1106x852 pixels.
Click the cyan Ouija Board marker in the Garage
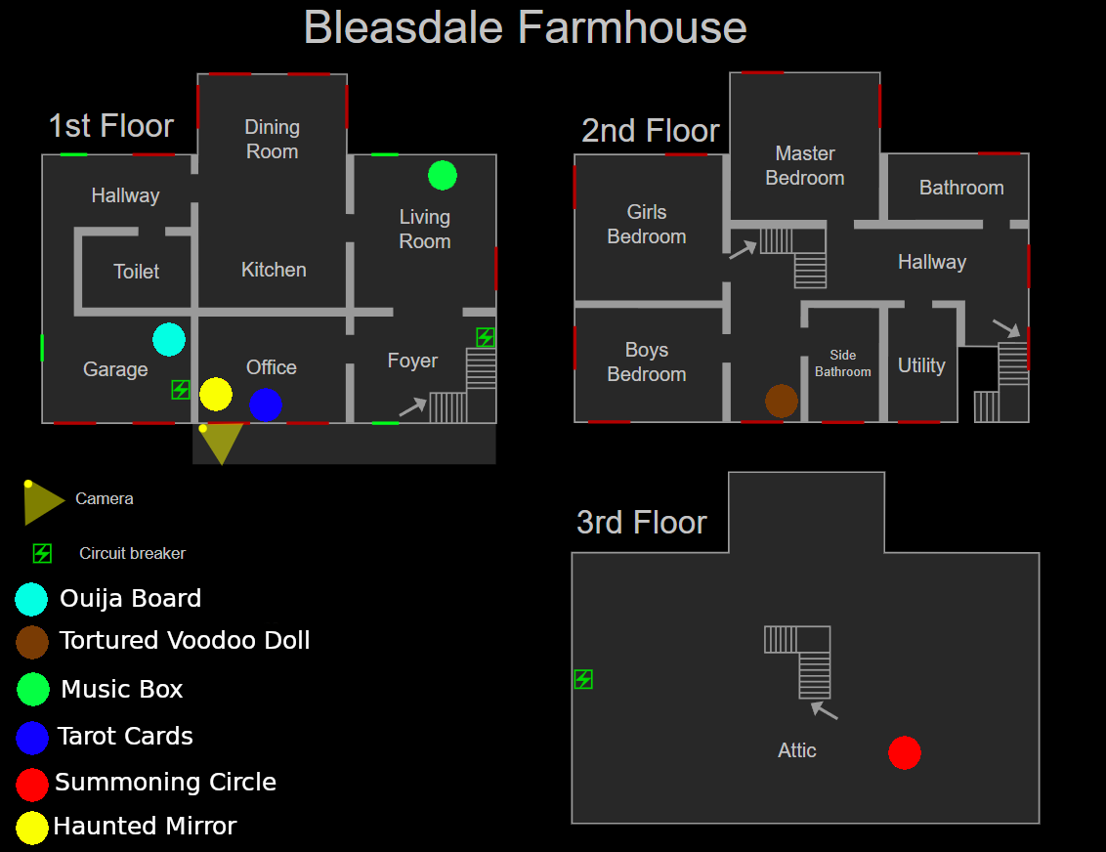coord(169,339)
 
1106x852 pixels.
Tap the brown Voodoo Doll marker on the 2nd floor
coord(782,401)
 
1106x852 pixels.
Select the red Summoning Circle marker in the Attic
coord(905,753)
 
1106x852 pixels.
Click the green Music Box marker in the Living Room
coord(443,175)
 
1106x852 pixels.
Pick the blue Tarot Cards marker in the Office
coord(266,405)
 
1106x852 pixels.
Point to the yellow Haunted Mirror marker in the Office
coord(216,395)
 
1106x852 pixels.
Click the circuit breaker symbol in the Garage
coord(181,390)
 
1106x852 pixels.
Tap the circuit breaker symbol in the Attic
coord(583,679)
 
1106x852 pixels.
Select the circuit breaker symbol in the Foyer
coord(486,337)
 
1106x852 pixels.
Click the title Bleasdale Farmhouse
coord(526,27)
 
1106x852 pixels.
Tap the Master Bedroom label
coord(805,165)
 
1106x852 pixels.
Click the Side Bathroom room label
coord(843,362)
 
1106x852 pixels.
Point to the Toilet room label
coord(136,272)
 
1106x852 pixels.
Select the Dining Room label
coord(272,139)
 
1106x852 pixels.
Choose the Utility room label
coord(921,365)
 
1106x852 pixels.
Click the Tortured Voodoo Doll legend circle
coord(32,642)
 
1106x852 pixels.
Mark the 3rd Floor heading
coord(642,523)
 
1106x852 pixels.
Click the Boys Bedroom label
coord(647,362)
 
